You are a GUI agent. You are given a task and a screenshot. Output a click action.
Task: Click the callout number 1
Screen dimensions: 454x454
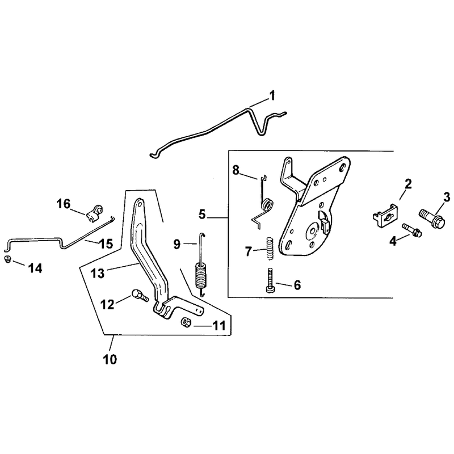point(272,95)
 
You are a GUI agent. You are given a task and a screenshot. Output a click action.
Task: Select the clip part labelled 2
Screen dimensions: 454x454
point(384,216)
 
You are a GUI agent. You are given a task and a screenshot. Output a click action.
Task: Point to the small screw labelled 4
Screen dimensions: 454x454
point(412,230)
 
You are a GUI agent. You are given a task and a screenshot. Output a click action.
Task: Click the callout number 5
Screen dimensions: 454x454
point(202,215)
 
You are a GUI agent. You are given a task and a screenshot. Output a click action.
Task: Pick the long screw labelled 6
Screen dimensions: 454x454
point(270,280)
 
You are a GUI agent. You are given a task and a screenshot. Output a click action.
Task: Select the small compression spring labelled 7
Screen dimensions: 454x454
point(270,249)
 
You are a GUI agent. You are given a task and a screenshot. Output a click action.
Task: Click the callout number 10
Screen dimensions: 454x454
point(110,359)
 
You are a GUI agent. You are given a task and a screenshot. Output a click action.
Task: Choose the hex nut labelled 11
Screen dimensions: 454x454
point(185,322)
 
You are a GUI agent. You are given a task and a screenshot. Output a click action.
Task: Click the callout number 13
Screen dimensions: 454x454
point(97,273)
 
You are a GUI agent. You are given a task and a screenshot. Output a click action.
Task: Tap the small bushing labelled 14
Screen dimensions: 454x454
point(7,259)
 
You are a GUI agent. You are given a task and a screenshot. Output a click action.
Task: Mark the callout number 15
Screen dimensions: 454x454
point(106,244)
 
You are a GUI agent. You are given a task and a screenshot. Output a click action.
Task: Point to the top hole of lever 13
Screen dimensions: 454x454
point(140,203)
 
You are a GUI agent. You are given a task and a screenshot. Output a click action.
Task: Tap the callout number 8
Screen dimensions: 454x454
point(236,170)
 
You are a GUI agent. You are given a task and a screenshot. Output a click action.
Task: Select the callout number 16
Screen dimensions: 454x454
point(64,204)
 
